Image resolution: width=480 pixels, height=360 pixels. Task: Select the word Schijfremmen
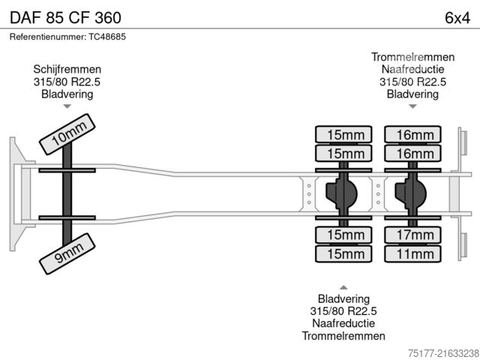67,69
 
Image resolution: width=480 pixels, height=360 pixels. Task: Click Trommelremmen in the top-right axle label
412,57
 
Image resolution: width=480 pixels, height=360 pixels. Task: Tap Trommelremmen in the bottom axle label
343,335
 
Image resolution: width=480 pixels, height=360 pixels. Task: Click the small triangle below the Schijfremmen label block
67,106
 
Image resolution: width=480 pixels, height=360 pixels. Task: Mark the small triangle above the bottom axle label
343,287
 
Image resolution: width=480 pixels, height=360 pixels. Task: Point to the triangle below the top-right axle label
412,106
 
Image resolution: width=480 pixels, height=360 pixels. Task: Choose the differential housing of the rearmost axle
412,194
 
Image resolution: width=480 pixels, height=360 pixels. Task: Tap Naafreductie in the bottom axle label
343,323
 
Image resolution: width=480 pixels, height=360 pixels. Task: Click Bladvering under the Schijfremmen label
67,94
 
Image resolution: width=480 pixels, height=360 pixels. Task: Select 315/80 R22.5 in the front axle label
67,82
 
